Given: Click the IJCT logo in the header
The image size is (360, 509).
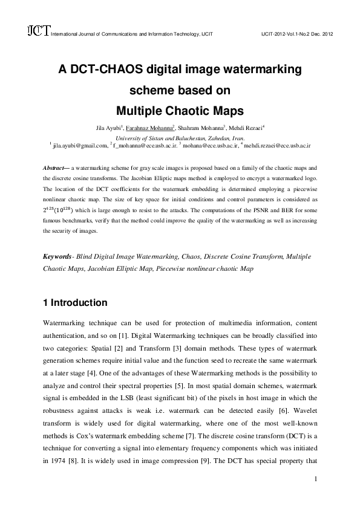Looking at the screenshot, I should coord(38,31).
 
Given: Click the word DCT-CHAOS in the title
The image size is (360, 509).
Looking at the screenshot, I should coord(108,70).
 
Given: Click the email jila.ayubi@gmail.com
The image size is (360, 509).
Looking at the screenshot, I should coord(82,146).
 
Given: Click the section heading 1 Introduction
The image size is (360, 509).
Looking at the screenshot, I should coord(76,302).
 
